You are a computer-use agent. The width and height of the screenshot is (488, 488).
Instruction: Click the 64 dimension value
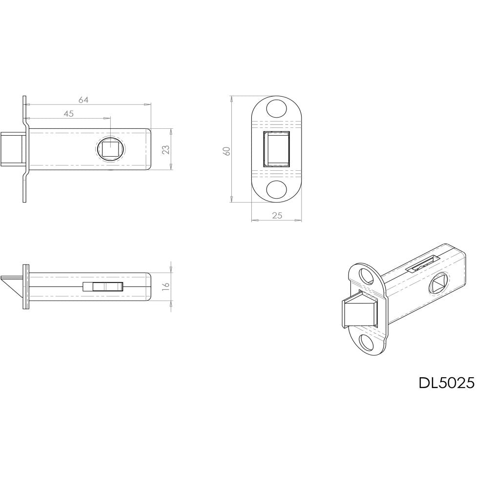click(x=83, y=100)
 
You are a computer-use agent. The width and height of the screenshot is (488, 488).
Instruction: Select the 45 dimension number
click(x=68, y=113)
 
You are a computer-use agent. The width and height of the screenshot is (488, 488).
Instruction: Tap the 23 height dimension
click(x=165, y=149)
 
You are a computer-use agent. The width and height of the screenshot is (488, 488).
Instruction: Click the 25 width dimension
click(x=277, y=215)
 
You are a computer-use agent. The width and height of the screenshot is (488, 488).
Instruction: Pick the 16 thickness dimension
click(x=165, y=286)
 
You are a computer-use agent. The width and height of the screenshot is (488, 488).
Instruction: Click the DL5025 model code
click(x=446, y=383)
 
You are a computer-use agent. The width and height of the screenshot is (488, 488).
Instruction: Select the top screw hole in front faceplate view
click(x=277, y=108)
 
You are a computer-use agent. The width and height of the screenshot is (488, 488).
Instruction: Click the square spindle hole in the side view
click(x=111, y=148)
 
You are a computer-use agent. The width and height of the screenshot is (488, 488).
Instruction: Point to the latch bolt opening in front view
click(x=277, y=149)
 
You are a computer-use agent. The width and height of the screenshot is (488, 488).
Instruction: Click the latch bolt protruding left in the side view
click(x=12, y=149)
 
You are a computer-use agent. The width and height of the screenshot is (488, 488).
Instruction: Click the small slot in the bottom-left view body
click(x=103, y=286)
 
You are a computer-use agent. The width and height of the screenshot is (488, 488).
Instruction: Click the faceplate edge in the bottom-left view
click(x=26, y=286)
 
